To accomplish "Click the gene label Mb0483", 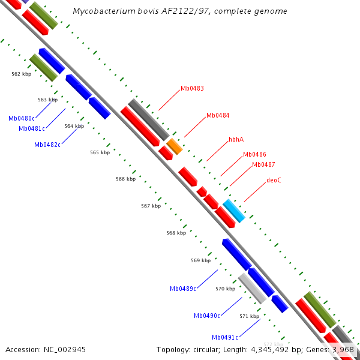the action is (x=192, y=88).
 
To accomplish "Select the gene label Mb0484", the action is (x=218, y=115).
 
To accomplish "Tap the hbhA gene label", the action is (x=236, y=139).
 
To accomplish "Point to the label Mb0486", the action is (x=254, y=155).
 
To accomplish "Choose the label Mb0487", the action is (x=263, y=164).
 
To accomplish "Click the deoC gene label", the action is (x=274, y=180).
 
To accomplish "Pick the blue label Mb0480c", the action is (x=22, y=118).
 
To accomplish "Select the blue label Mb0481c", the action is (x=32, y=128).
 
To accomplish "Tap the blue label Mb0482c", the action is (x=47, y=145).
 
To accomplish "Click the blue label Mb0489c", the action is (x=183, y=289).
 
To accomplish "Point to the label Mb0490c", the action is (x=207, y=316).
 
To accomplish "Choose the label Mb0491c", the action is (x=225, y=337).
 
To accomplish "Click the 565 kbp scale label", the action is (x=100, y=153).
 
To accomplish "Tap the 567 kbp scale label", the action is (x=151, y=206).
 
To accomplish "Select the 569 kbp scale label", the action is (x=201, y=260).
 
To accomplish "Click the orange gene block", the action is (x=174, y=146).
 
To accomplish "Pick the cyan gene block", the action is (x=234, y=211).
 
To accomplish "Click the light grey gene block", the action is (x=252, y=289).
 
